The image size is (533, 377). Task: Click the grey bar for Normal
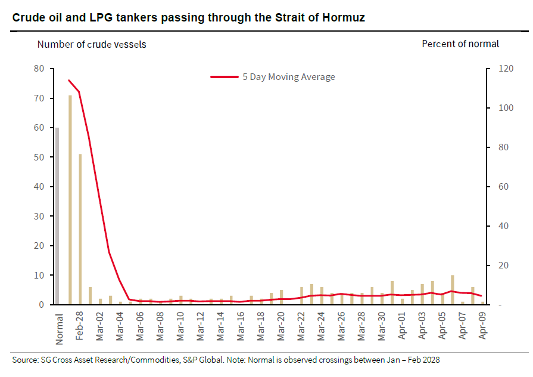(x=58, y=216)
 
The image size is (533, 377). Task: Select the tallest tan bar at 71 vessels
(x=70, y=200)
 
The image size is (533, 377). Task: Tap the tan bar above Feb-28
(x=80, y=230)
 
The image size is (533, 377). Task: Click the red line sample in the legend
(x=225, y=77)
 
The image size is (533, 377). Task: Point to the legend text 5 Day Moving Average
(x=288, y=77)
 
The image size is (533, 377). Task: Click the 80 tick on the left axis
(x=40, y=69)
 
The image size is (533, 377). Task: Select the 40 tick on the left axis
(x=40, y=187)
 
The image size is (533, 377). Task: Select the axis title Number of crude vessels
(x=92, y=44)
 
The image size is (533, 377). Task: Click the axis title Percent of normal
(x=460, y=44)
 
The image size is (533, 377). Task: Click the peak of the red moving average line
(x=69, y=81)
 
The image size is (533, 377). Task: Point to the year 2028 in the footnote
(x=429, y=360)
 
